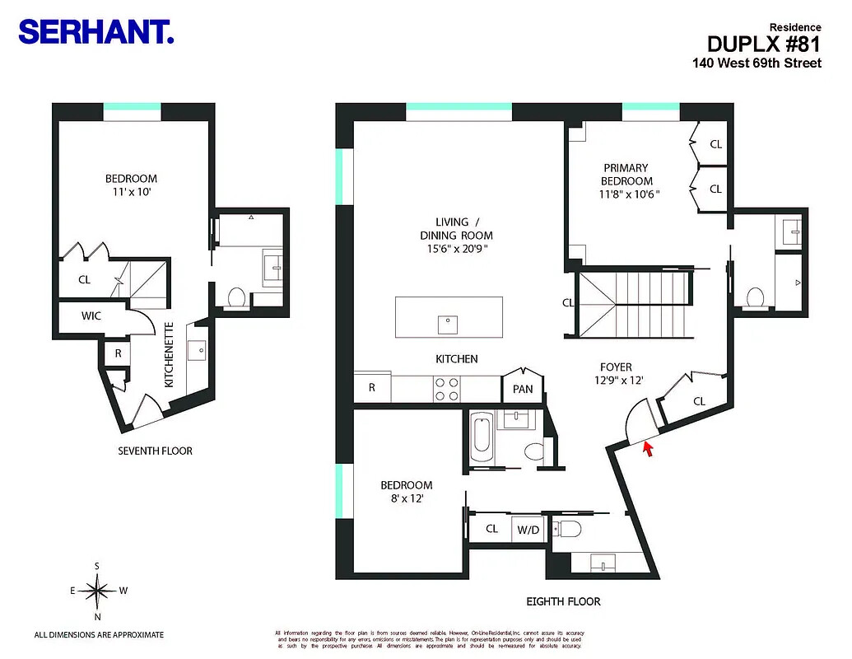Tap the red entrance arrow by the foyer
point(648,449)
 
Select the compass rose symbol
point(98,589)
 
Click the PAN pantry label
point(523,389)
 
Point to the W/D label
point(527,530)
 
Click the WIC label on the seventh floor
point(91,315)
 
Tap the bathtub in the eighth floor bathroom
point(482,439)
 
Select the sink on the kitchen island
point(449,324)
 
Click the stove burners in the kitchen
point(446,389)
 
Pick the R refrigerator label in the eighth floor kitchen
point(372,387)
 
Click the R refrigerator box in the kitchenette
point(118,352)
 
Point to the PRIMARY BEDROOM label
point(626,175)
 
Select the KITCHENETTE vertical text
point(169,355)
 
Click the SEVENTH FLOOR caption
point(156,451)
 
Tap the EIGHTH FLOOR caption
point(564,601)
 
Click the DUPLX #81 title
point(764,44)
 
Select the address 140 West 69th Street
point(757,63)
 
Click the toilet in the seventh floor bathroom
point(235,296)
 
